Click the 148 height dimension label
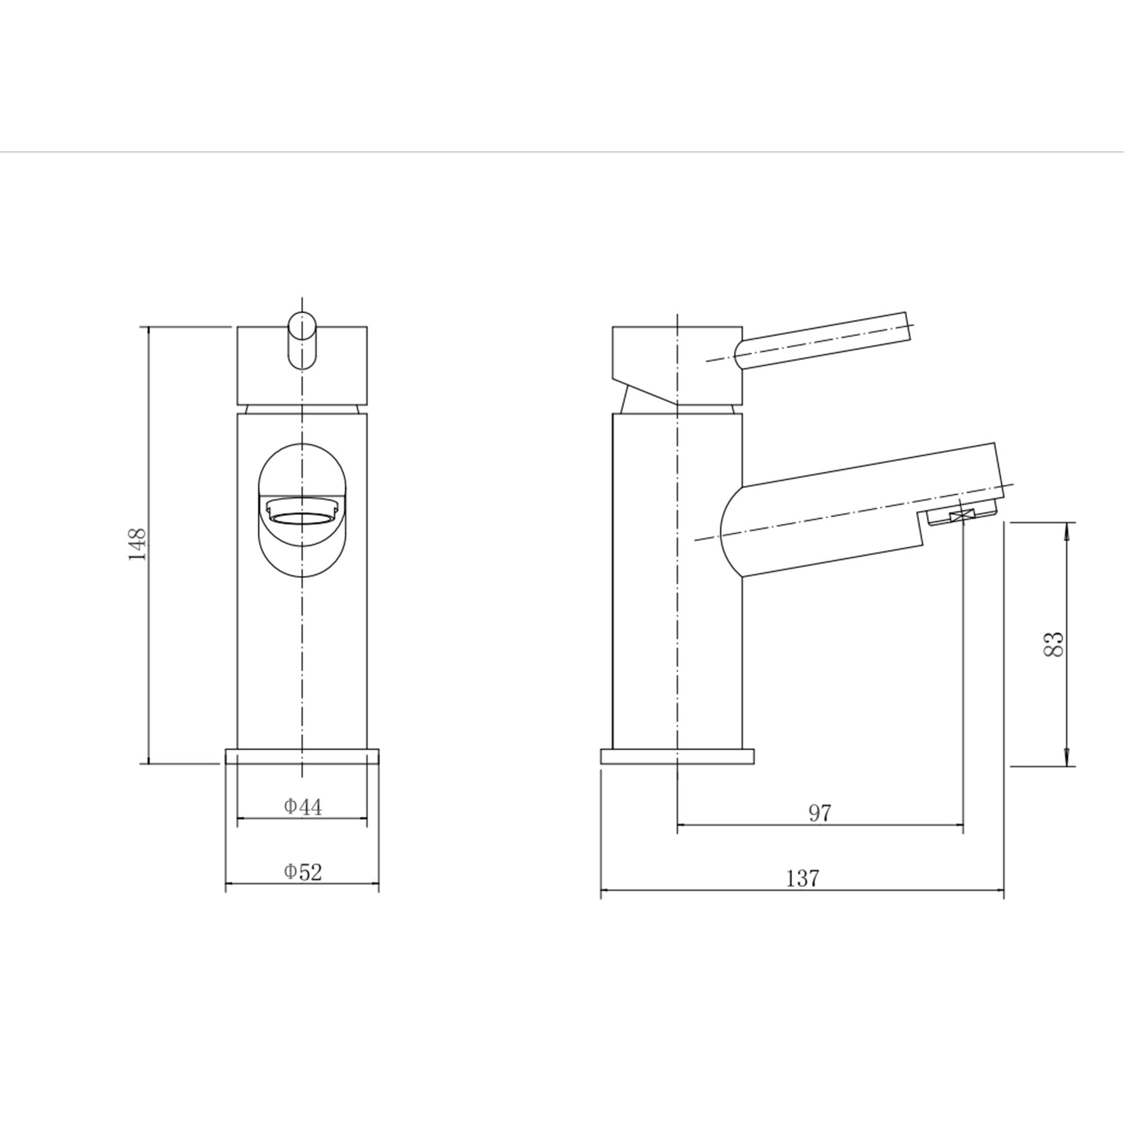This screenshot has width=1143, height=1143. point(137,545)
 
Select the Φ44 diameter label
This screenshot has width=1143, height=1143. point(303,807)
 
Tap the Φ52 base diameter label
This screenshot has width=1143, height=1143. point(303,872)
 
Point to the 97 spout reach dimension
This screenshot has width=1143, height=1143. point(820,813)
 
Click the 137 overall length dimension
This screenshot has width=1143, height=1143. point(803,878)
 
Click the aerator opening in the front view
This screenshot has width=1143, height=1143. point(302,519)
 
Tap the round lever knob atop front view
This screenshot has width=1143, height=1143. point(302,341)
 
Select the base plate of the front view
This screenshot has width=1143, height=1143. point(302,757)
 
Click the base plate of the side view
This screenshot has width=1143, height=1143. point(677,757)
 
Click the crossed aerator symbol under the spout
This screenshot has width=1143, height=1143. point(962,517)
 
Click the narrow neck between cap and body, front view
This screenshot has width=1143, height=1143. point(302,409)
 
